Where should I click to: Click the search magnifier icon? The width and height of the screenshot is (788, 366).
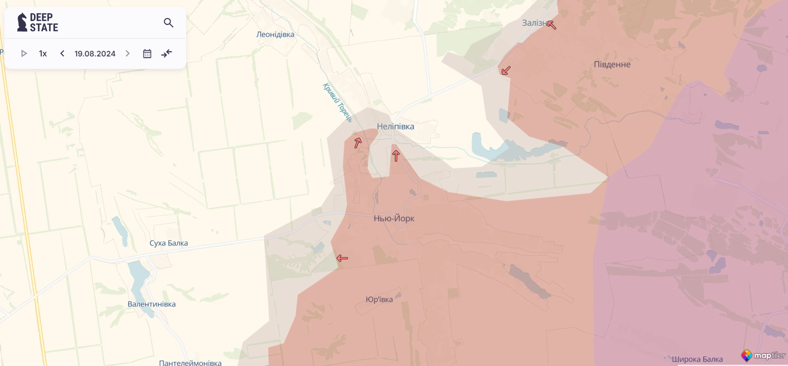point(169,23)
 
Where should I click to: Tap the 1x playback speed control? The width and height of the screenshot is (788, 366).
point(43,54)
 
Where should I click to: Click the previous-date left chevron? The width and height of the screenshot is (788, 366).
point(62,53)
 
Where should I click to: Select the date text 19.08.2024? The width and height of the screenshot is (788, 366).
point(95,54)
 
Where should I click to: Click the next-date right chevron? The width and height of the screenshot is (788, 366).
point(128,53)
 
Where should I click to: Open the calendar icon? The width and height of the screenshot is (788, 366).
point(147,54)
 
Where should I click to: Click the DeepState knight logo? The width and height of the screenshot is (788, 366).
point(22,22)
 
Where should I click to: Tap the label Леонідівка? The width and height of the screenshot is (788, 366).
point(275,34)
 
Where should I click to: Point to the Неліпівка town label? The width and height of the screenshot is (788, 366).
point(396,127)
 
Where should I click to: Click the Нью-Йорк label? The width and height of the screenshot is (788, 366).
point(394,218)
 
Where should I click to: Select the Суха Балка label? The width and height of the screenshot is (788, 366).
point(169,243)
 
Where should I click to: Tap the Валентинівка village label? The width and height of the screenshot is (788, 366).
point(151,304)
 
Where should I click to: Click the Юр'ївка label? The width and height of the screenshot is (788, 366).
point(379,300)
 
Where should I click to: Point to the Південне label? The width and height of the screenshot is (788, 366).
point(612,65)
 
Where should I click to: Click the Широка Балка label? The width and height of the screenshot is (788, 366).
point(697,359)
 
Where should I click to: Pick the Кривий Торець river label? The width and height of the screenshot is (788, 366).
point(337,102)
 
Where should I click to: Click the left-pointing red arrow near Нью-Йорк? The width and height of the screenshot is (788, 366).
point(342,258)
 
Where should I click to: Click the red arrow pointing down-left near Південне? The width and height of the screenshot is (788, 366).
point(506,70)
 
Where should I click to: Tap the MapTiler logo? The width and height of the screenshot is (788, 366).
point(763,356)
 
